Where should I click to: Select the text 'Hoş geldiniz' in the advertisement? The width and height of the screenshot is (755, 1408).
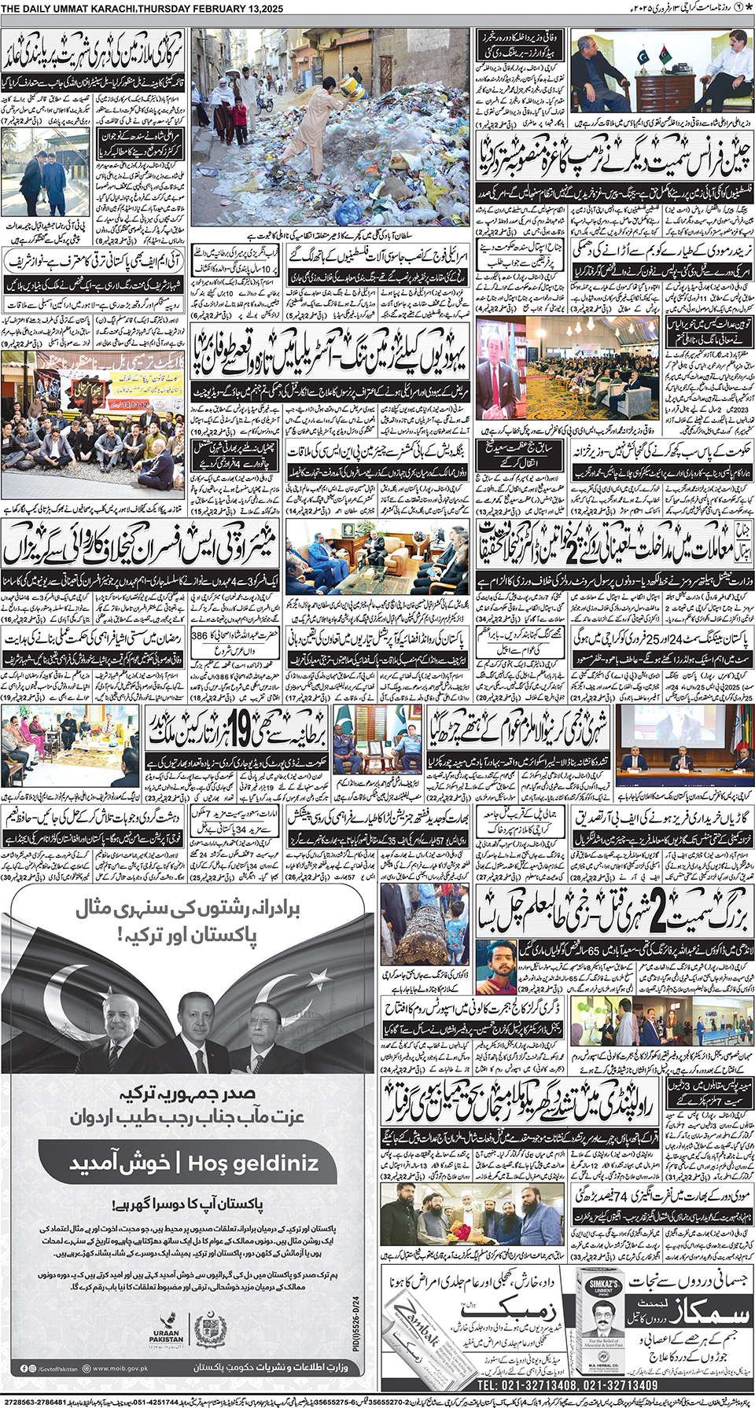point(253,1164)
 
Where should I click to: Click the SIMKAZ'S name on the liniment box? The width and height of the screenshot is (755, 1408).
point(604,1282)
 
